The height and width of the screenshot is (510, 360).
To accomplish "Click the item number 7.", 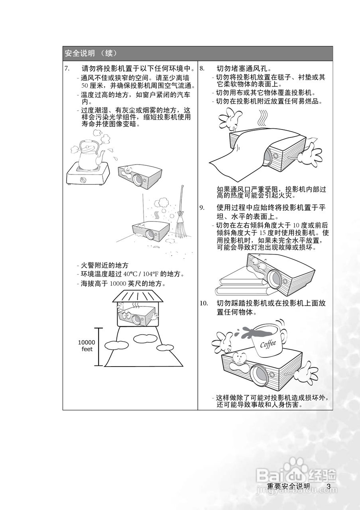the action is click(x=67, y=68).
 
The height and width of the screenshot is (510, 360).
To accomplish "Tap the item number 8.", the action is click(x=202, y=68).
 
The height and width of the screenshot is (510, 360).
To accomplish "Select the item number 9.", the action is click(x=202, y=207).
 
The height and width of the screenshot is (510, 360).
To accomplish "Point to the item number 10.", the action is click(x=203, y=304).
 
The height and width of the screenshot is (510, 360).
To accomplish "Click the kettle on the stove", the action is click(x=89, y=155).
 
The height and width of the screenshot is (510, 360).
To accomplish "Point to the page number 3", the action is click(x=329, y=486).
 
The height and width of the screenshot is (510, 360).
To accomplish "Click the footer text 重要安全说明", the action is click(x=288, y=486).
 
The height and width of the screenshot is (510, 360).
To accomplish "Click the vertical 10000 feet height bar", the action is click(x=98, y=347).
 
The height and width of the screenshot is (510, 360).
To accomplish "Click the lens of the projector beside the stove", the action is click(x=138, y=178).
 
